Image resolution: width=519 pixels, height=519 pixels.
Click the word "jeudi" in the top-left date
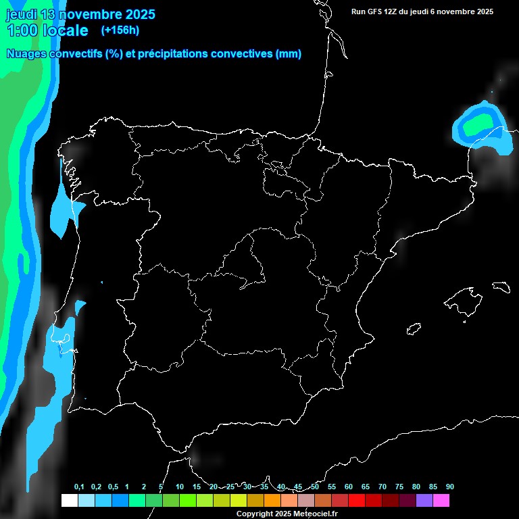(x=21, y=14)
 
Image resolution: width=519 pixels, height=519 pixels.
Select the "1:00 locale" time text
(x=47, y=30)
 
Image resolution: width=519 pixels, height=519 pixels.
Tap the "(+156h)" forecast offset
(x=120, y=30)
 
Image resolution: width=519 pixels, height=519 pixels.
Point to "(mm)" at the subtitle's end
(x=289, y=54)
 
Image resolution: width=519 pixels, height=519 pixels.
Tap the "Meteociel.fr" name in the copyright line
(x=314, y=514)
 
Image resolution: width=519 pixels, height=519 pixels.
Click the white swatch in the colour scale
(x=69, y=501)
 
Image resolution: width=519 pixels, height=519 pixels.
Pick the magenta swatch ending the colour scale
(x=441, y=501)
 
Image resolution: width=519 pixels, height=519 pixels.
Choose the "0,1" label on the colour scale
(x=79, y=487)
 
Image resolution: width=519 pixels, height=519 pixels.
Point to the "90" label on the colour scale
(x=449, y=487)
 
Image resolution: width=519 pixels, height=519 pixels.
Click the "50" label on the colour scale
(x=315, y=487)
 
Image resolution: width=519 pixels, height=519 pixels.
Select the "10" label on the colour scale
(x=180, y=487)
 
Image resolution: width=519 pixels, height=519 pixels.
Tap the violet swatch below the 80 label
(x=424, y=501)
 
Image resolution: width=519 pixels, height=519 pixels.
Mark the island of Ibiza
(x=414, y=329)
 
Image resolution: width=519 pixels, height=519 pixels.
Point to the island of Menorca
(x=500, y=287)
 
